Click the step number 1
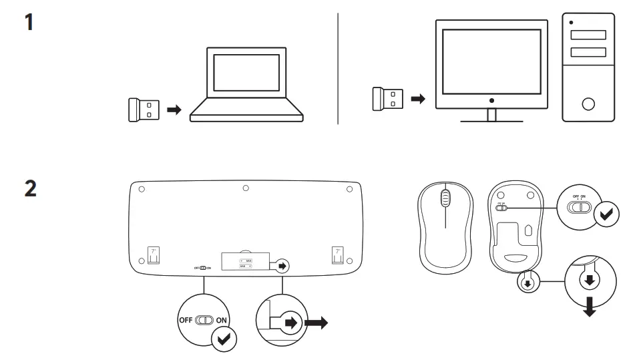click(30, 23)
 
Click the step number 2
click(31, 188)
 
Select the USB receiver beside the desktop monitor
click(385, 99)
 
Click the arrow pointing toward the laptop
click(174, 110)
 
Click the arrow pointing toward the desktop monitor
click(417, 99)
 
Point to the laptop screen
click(246, 73)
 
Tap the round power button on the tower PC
click(588, 104)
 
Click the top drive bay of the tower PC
click(588, 35)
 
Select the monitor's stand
click(491, 116)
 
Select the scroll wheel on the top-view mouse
click(446, 200)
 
